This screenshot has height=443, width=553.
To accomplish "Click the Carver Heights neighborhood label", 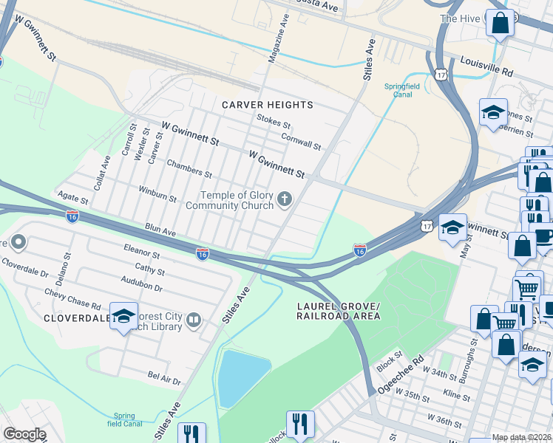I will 268,105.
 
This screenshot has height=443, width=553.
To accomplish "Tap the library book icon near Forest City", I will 193,320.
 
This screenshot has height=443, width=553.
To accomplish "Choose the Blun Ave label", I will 160,231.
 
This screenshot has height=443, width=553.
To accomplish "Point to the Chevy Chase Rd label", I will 73,303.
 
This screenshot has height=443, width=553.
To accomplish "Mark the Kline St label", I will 456,396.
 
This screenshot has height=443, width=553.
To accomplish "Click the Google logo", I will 24,434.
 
